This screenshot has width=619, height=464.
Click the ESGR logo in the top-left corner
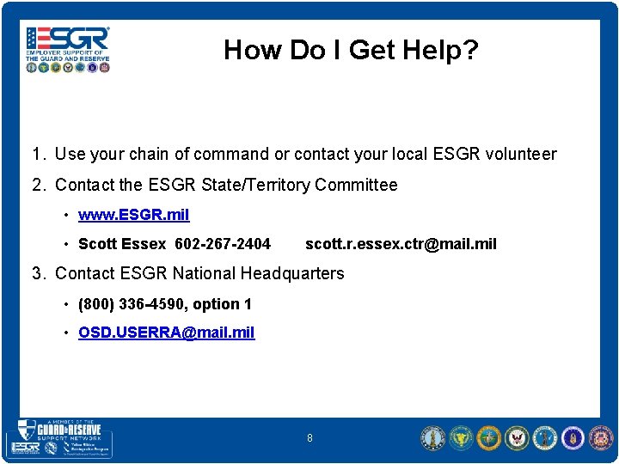pyautogui.click(x=68, y=48)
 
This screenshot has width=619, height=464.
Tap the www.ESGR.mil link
pyautogui.click(x=133, y=214)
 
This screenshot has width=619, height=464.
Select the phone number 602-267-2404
pyautogui.click(x=223, y=244)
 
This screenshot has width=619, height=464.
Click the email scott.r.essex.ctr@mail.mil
pyautogui.click(x=401, y=244)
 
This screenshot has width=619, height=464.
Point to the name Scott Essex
pyautogui.click(x=121, y=244)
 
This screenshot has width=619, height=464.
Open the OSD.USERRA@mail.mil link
pyautogui.click(x=166, y=333)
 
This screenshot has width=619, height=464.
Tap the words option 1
pyautogui.click(x=224, y=303)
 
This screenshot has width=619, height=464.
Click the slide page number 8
pyautogui.click(x=309, y=439)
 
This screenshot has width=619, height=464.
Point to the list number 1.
pyautogui.click(x=37, y=155)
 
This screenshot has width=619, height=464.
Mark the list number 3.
pyautogui.click(x=37, y=273)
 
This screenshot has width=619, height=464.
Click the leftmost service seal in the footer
pyautogui.click(x=432, y=438)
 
